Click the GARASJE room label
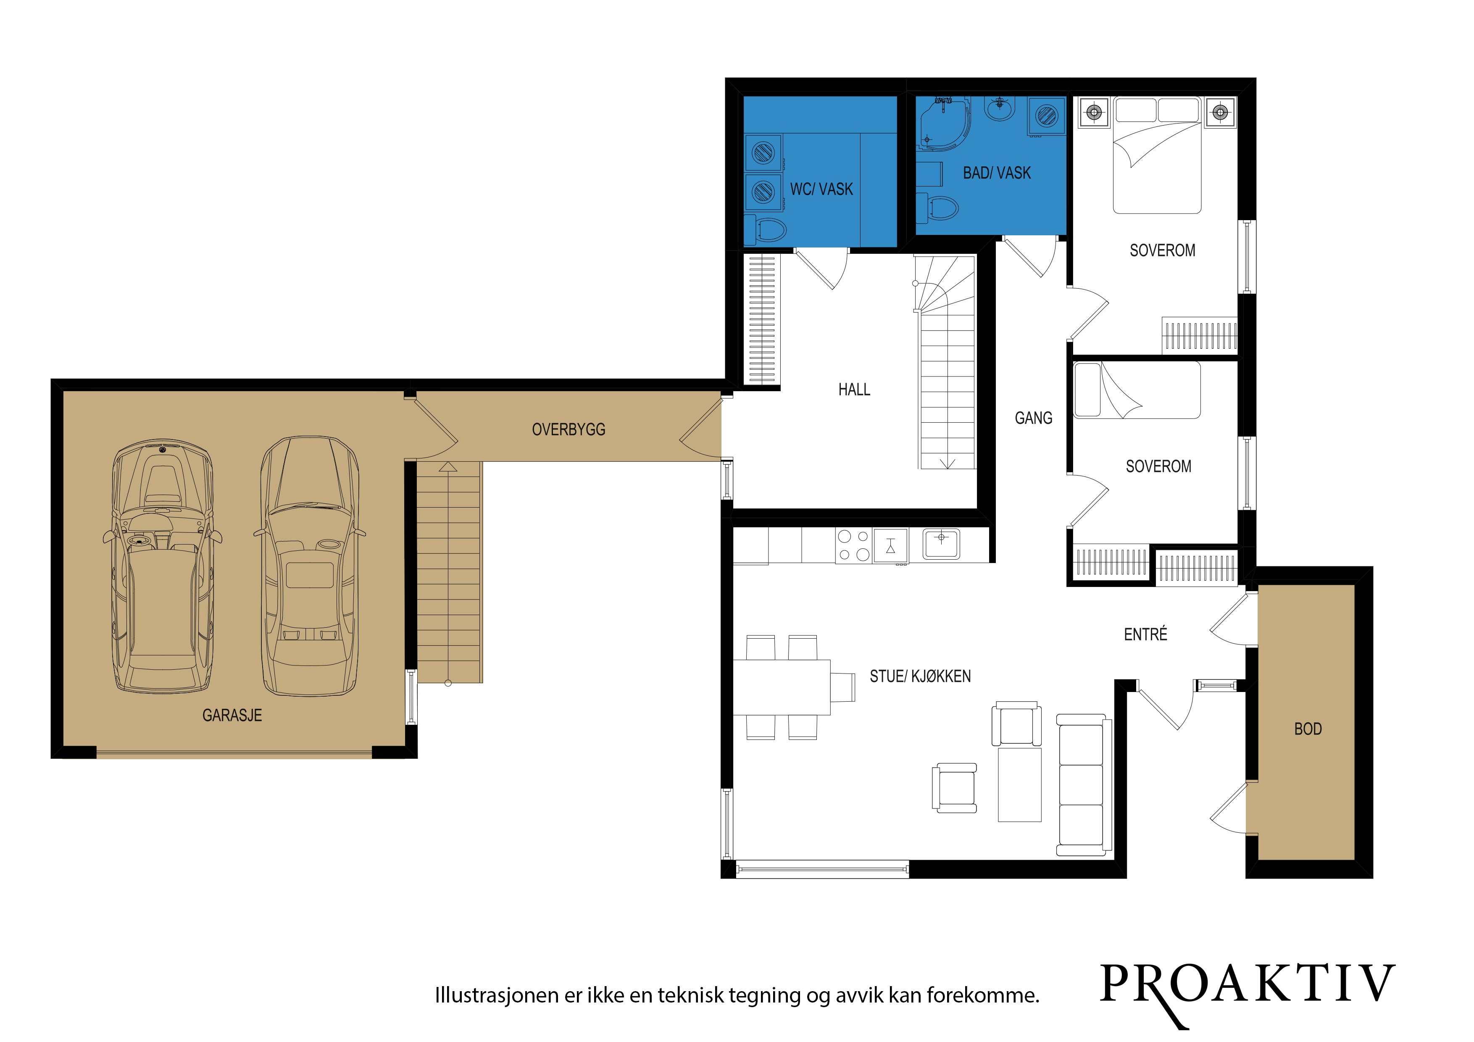[x=232, y=715]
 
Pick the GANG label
[x=1034, y=418]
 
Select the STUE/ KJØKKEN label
[x=920, y=676]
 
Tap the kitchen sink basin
[x=941, y=544]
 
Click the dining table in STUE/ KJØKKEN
[x=782, y=687]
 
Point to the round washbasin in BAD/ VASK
[x=999, y=109]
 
